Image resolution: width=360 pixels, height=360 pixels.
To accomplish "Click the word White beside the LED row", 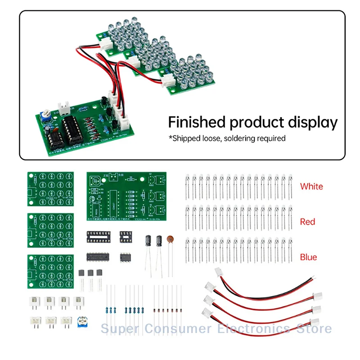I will click(311, 186).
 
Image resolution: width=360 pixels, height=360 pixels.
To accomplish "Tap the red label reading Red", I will click(308, 221).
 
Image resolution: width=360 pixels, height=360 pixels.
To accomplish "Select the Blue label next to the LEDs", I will click(309, 257).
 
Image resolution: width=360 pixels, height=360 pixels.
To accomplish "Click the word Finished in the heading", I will click(196, 122).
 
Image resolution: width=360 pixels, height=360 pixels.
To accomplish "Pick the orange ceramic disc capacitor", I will click(171, 240).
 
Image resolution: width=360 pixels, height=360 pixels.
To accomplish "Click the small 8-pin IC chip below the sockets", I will click(126, 257).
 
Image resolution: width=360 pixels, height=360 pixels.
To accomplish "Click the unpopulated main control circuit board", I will click(126, 196).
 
